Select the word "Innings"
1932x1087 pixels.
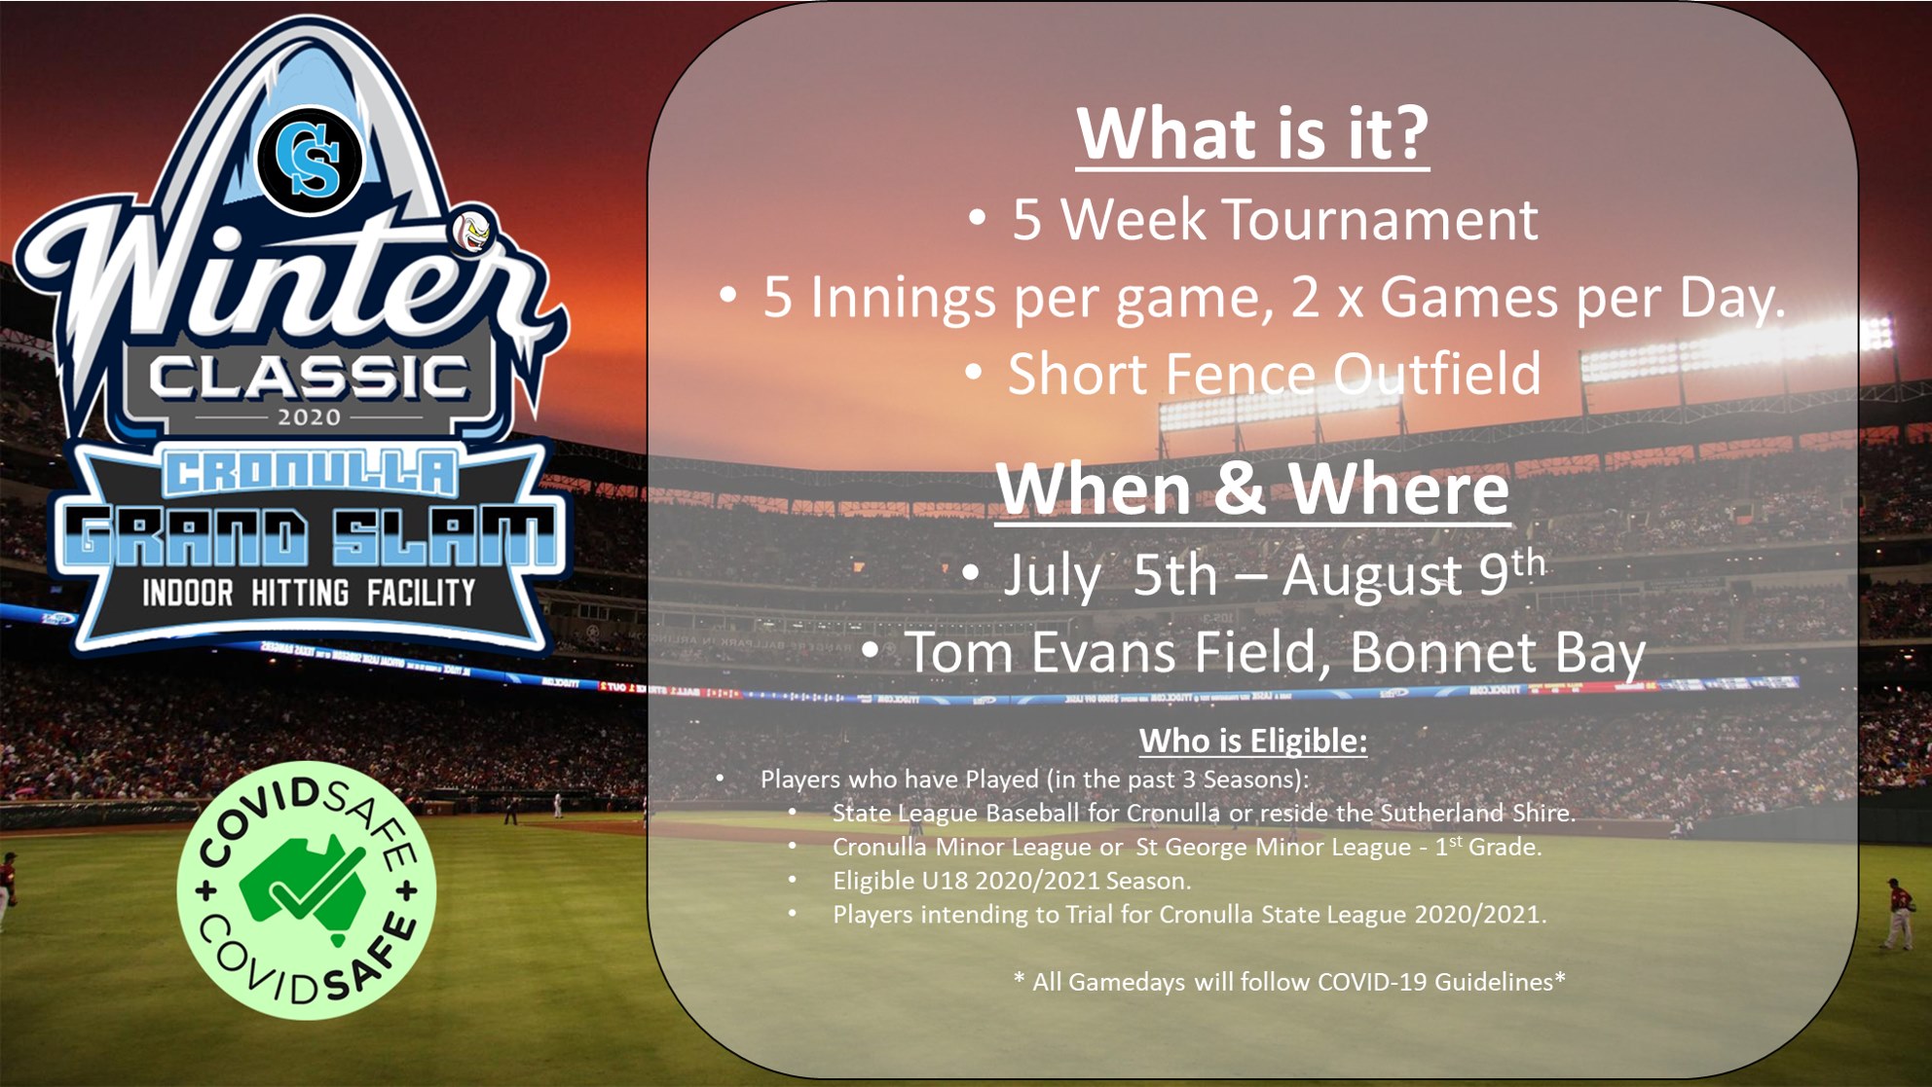pos(903,298)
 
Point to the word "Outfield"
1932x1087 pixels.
pos(1436,374)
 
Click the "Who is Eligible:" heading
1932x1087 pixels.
pos(1253,742)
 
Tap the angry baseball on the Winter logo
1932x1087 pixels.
pos(473,233)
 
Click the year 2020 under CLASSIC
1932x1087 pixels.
pos(309,417)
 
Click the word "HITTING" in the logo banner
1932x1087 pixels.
pos(300,593)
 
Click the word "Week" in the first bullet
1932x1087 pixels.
pos(1133,219)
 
